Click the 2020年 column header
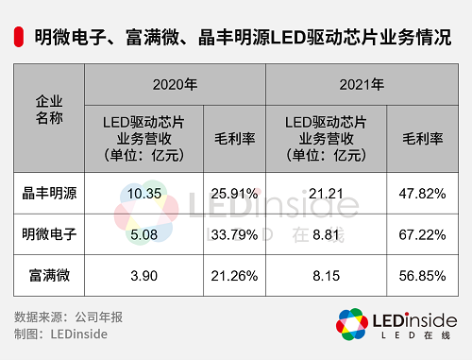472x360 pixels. pyautogui.click(x=176, y=85)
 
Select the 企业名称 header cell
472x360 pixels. pyautogui.click(x=47, y=110)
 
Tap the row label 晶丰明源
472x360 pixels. pyautogui.click(x=49, y=194)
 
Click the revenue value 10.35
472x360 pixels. pyautogui.click(x=143, y=194)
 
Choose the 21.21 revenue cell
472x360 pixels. pyautogui.click(x=326, y=194)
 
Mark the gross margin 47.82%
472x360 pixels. pyautogui.click(x=421, y=194)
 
